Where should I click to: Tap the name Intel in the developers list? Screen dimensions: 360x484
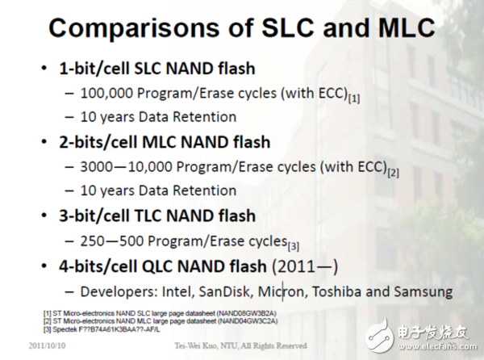tap(207, 291)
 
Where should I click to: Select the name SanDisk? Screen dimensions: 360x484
tap(257, 291)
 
